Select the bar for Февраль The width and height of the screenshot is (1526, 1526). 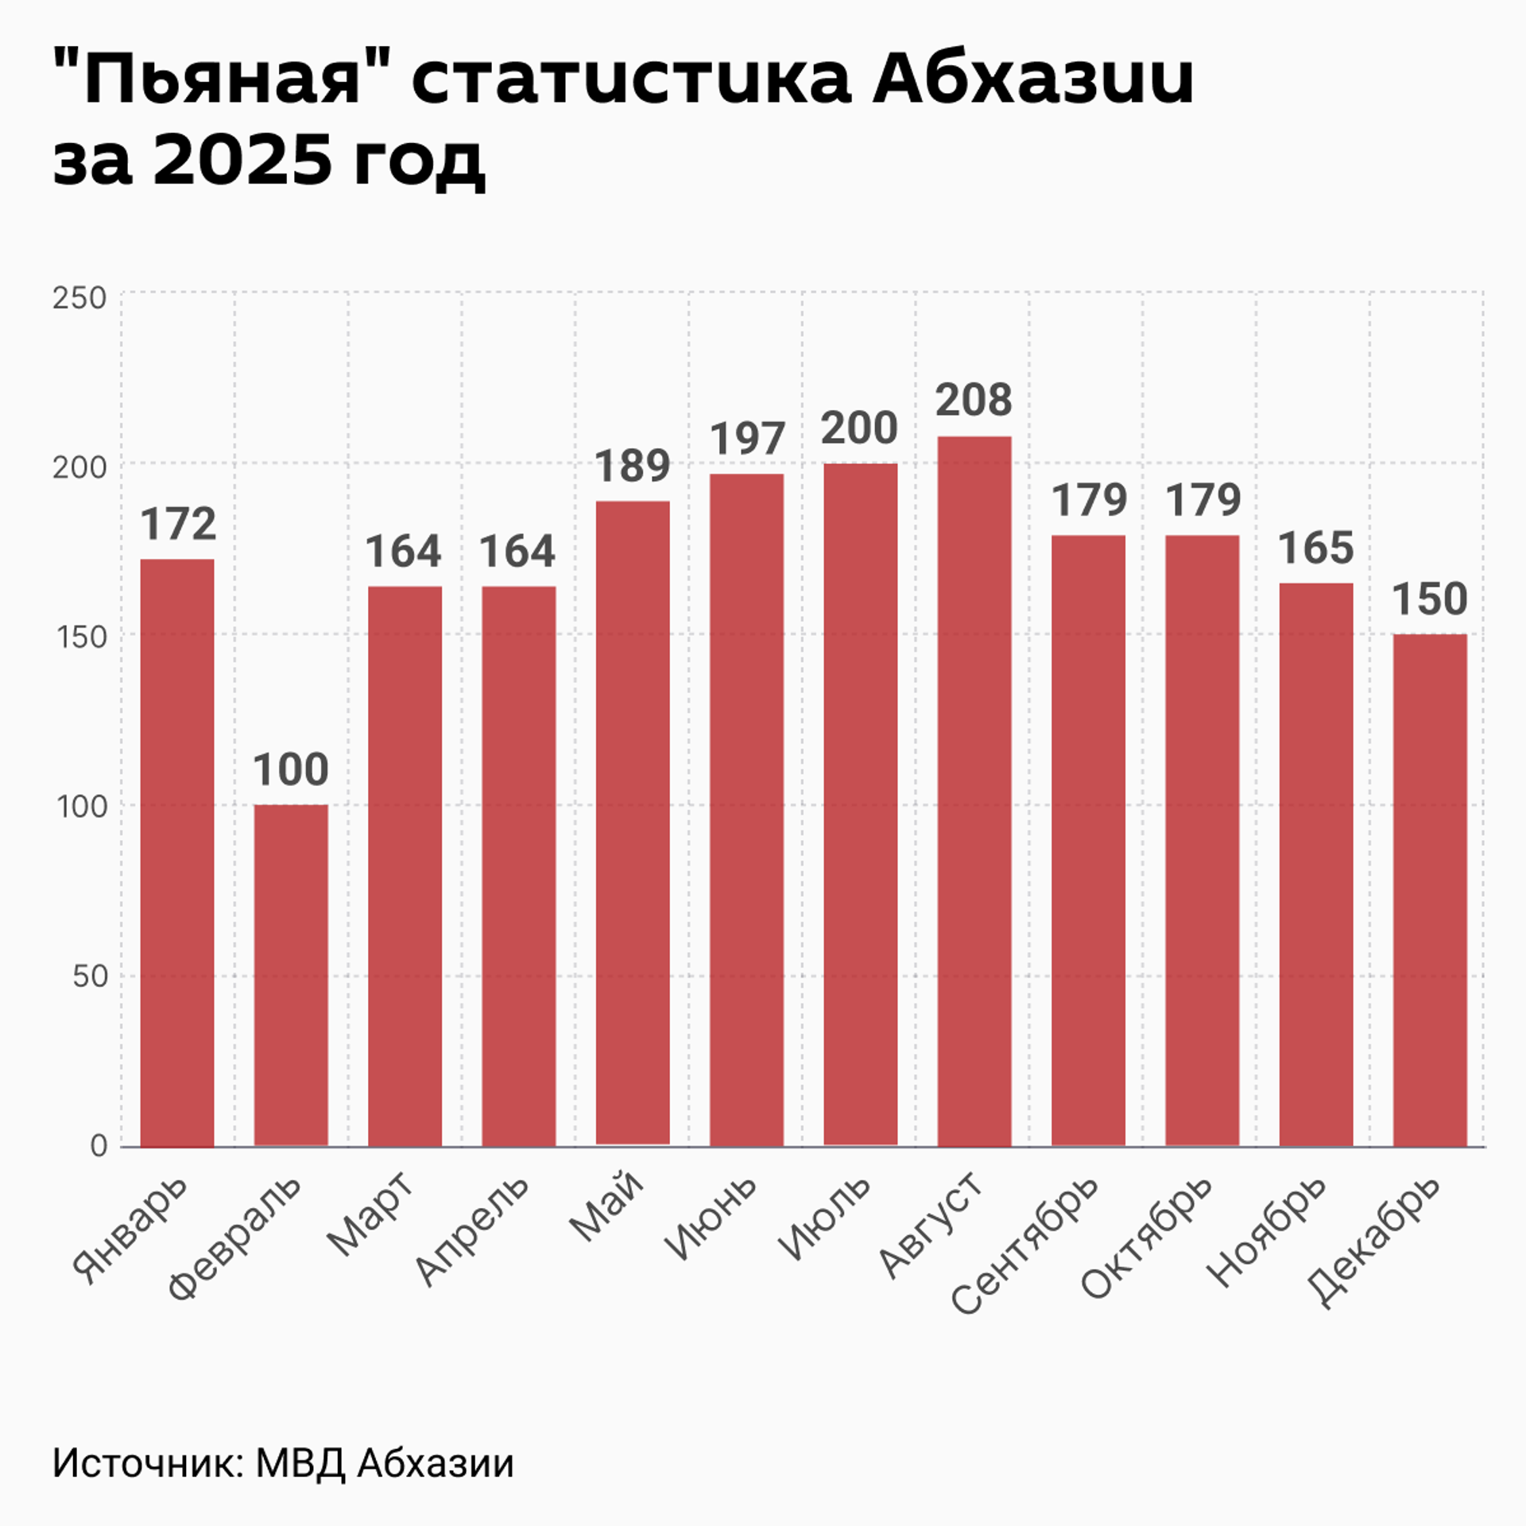(291, 975)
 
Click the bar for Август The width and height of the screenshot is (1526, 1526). (974, 791)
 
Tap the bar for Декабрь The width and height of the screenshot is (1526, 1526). (1429, 890)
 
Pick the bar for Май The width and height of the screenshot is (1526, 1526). (633, 823)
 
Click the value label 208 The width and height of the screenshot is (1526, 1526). (974, 400)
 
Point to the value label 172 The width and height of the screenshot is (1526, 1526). (178, 525)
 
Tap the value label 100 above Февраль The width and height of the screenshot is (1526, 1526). (291, 769)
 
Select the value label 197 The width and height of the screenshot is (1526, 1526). (747, 439)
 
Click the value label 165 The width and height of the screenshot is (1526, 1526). (1315, 548)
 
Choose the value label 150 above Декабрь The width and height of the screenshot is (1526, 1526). (1429, 599)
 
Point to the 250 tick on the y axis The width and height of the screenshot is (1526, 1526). (79, 298)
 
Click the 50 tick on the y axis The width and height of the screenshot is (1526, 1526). (90, 976)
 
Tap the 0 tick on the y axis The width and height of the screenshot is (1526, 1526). (99, 1145)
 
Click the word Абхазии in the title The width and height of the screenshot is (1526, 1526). (1033, 79)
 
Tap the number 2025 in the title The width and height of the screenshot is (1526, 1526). (242, 159)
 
